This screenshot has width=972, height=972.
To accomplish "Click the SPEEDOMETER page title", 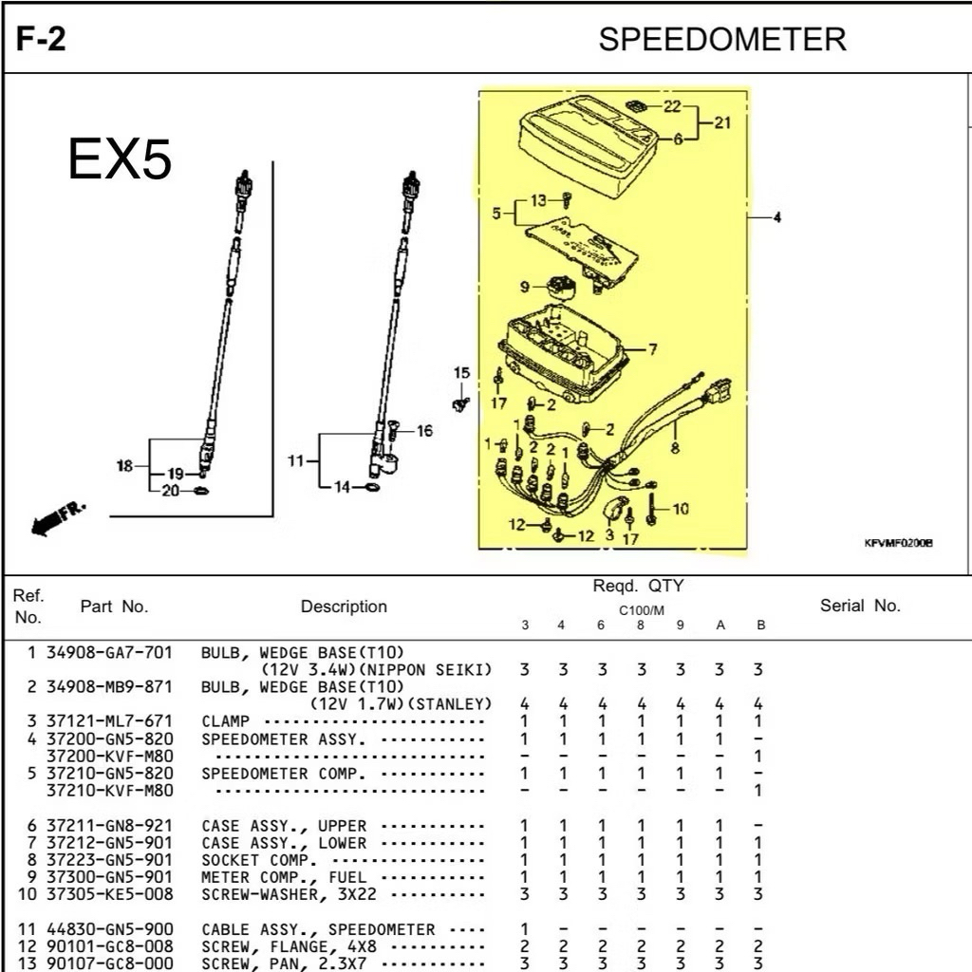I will click(x=721, y=40).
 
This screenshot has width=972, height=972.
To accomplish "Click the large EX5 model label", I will click(x=120, y=159).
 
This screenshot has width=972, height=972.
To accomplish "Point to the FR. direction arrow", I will click(x=58, y=517).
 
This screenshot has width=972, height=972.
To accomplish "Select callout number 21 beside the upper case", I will click(x=722, y=122).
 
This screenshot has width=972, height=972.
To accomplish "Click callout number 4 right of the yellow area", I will click(x=777, y=218).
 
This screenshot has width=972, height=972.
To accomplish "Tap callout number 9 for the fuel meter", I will click(x=524, y=288).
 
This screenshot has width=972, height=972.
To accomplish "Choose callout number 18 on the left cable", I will click(x=123, y=465).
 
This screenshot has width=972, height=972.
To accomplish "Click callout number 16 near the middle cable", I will click(x=424, y=431).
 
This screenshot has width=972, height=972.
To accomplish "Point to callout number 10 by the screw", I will click(x=681, y=509).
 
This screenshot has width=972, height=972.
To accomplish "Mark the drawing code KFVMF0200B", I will click(x=898, y=543).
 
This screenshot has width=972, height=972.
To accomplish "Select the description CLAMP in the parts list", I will click(x=226, y=721).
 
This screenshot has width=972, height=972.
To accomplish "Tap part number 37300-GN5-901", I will click(x=109, y=877).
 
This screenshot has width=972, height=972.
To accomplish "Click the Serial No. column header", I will click(x=860, y=606).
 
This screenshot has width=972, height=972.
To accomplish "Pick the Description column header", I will click(x=344, y=607).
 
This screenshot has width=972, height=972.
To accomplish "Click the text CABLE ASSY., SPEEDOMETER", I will click(x=318, y=930).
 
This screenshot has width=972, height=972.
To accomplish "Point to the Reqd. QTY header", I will click(x=638, y=587).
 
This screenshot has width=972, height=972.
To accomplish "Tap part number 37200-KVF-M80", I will click(x=109, y=756).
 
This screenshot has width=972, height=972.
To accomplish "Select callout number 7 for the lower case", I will click(x=653, y=349).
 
